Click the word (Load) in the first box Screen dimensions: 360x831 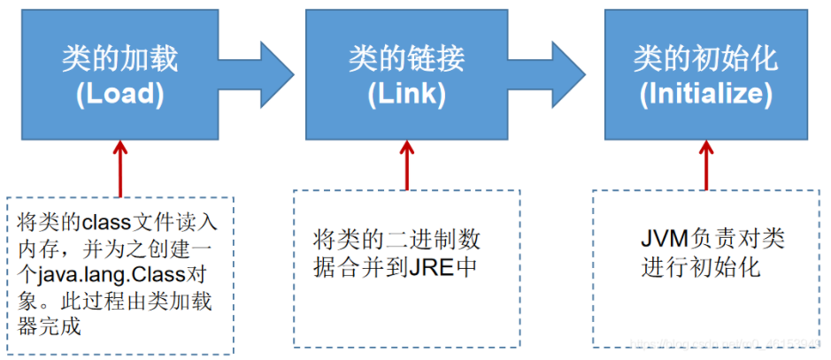119,95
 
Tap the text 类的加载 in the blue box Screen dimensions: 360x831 119,58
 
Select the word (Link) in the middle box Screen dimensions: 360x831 406,95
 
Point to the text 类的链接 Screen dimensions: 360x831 406,58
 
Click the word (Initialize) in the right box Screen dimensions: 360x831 705,95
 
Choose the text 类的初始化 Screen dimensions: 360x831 705,58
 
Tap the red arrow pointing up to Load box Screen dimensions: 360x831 119,168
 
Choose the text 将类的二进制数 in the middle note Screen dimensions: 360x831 396,240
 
